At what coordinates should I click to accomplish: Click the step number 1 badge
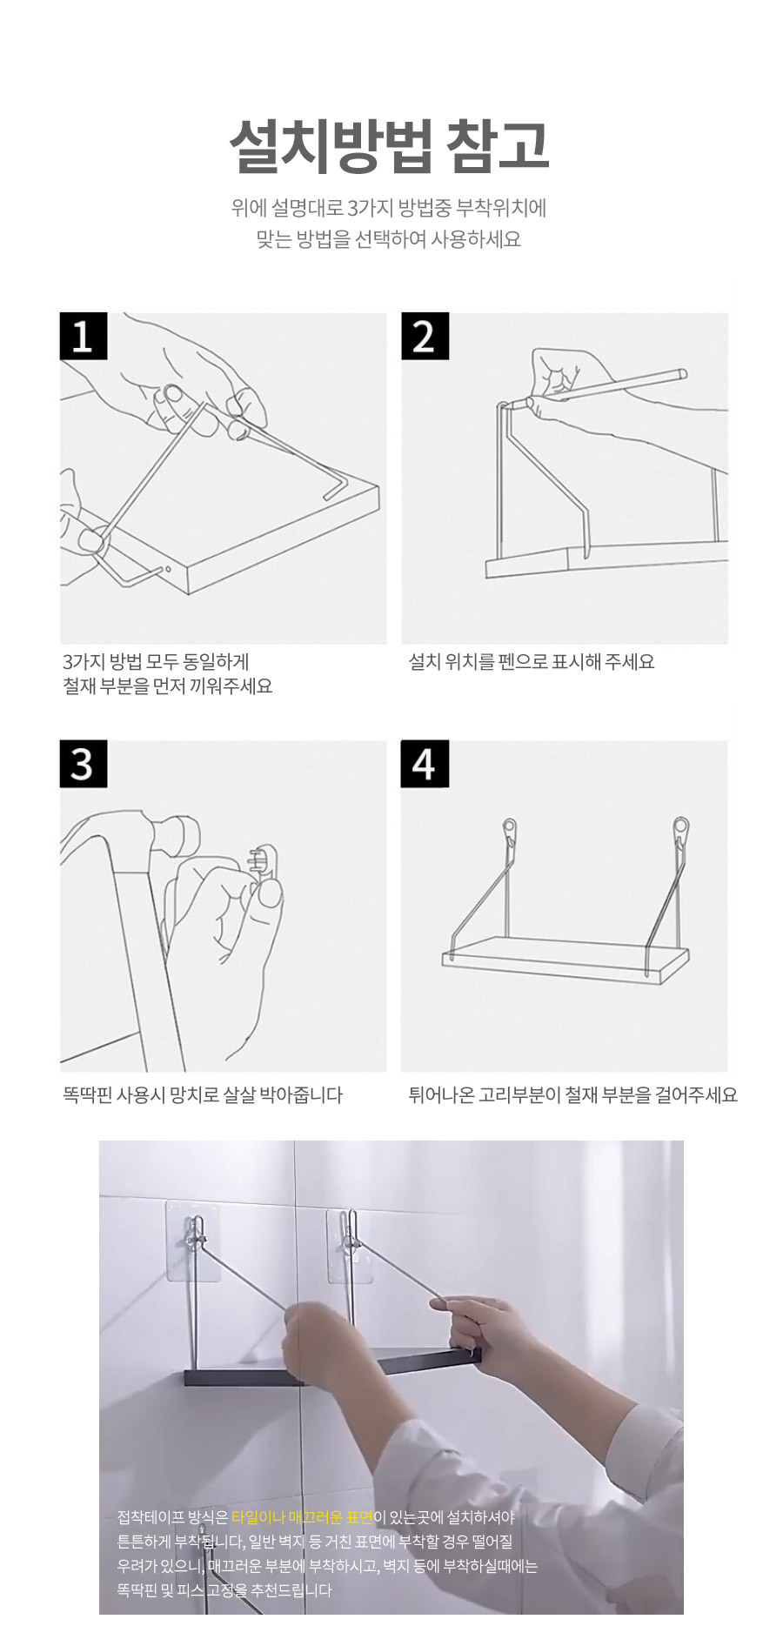click(x=83, y=336)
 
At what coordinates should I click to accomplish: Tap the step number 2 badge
click(x=425, y=336)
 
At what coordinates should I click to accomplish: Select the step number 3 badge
click(x=83, y=764)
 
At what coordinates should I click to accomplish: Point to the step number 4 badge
click(x=425, y=764)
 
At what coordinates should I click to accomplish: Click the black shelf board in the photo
click(x=331, y=1367)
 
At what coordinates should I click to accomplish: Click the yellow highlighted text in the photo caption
click(x=302, y=1517)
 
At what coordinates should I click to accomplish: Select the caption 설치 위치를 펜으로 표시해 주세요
click(x=532, y=661)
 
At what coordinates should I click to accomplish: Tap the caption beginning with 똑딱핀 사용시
click(x=203, y=1094)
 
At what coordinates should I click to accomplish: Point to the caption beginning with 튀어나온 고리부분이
click(x=572, y=1094)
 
